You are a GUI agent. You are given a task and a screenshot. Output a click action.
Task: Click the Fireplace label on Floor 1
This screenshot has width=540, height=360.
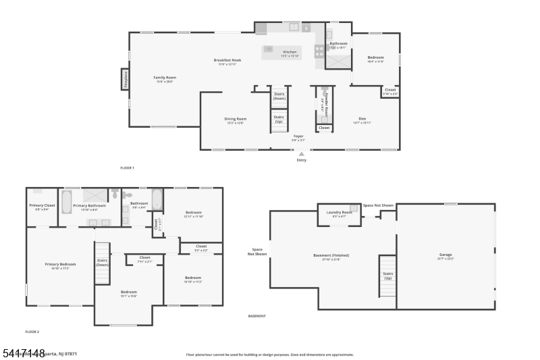pos(126,80)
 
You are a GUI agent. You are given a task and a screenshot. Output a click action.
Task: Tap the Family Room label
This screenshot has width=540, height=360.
pos(165,78)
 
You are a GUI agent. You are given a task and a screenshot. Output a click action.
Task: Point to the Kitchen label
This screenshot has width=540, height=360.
pos(290,52)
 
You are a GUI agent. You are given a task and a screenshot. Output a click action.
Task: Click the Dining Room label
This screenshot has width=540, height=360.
pos(235,119)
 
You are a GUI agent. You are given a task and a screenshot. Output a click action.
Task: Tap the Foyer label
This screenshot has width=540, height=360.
pos(298,136)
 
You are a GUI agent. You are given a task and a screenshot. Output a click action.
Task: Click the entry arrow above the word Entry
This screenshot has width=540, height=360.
pos(301,154)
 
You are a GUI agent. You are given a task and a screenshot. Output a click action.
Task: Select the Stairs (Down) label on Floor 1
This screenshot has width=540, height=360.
pos(279,96)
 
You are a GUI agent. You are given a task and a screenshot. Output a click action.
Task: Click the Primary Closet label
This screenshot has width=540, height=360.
pos(41,206)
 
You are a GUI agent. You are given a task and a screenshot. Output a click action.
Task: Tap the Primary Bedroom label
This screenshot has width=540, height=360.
pos(60,264)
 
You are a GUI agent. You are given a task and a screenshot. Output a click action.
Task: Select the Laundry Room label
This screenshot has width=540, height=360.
pos(339,213)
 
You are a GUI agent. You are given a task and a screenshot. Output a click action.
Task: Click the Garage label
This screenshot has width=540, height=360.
pos(446,255)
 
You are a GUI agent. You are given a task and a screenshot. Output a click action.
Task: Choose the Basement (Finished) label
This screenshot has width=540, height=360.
pos(331,255)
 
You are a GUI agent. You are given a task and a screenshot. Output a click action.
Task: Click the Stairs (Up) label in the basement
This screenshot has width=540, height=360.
pos(388,276)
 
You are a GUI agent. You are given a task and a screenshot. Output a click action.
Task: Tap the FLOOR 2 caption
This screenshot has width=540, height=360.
pos(32,332)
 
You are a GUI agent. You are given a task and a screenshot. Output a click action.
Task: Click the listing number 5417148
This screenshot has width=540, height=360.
pos(23,353)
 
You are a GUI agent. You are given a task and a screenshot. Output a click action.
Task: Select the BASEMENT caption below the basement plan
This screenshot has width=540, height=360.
pos(256,315)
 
